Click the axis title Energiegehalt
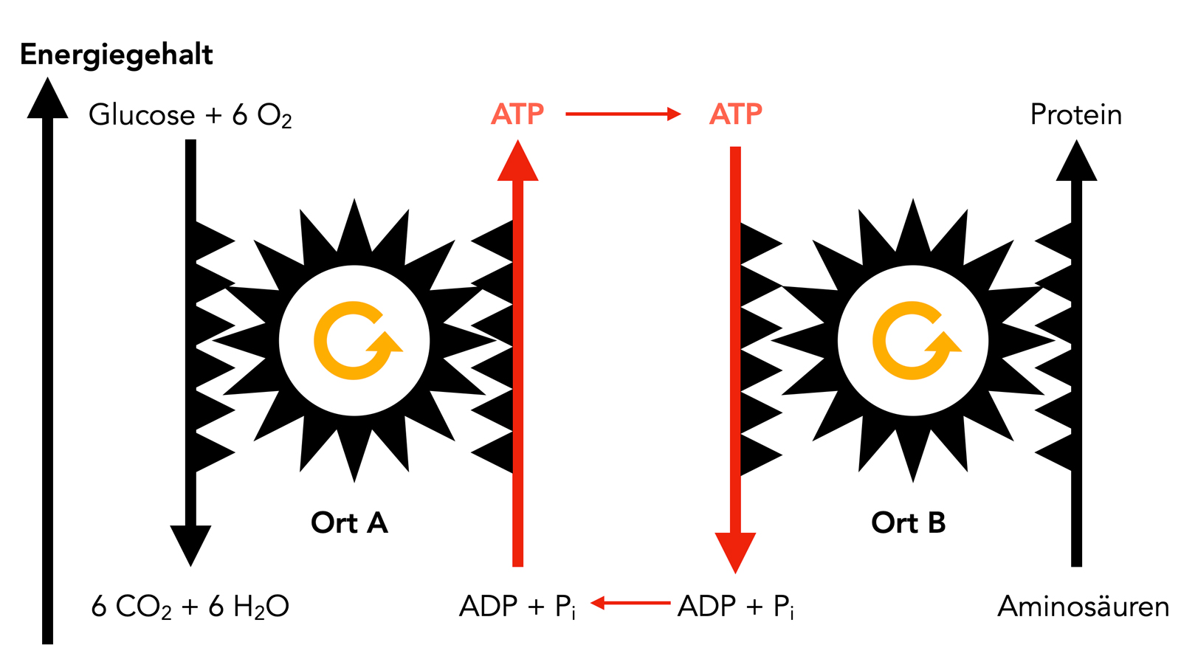point(116,55)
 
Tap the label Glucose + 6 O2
point(190,115)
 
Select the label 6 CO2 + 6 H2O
point(190,607)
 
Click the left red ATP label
point(517,114)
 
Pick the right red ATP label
point(735,114)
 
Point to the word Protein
point(1075,115)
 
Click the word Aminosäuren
point(1083,607)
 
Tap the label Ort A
point(349,522)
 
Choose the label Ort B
point(908,522)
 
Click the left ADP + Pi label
point(517,607)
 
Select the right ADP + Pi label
point(735,607)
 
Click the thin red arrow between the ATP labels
point(622,114)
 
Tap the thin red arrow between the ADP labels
point(630,604)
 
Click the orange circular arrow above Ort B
point(915,341)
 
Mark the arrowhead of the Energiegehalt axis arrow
point(47,100)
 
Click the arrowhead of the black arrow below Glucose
point(190,545)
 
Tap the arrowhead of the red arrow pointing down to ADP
point(735,551)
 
